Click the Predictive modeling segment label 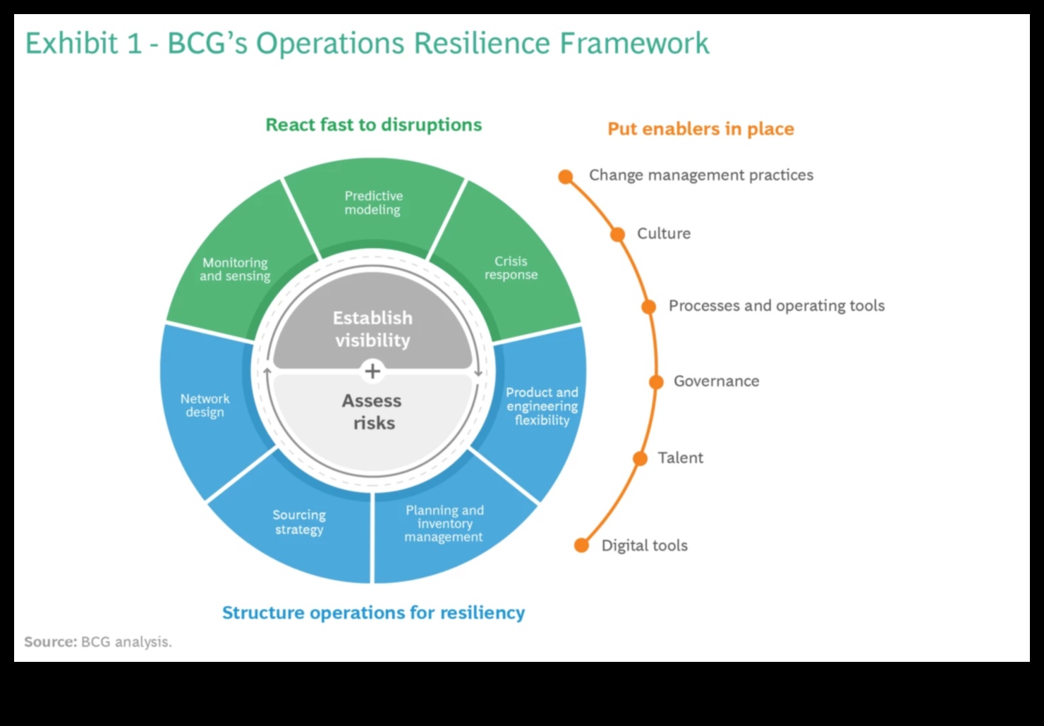[x=373, y=203]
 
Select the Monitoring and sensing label [x=235, y=269]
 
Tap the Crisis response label [x=511, y=268]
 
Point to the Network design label [x=205, y=405]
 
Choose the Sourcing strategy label [x=299, y=522]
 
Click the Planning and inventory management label [x=444, y=524]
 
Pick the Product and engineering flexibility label [x=542, y=406]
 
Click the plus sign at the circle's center [x=372, y=371]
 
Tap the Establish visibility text [x=372, y=329]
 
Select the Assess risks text [x=372, y=412]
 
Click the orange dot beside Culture [x=617, y=235]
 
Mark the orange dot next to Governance [x=656, y=382]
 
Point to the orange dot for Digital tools [x=581, y=546]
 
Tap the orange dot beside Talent [x=640, y=459]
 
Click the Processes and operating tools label [x=776, y=306]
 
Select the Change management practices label [x=700, y=176]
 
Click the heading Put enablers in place [x=700, y=129]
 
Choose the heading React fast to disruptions [x=373, y=125]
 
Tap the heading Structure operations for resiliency [x=373, y=613]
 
